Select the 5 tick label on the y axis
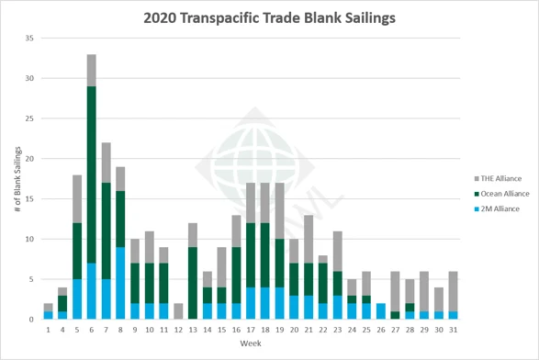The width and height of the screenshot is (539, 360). coord(30,279)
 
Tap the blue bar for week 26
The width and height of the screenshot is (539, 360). coord(381,311)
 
